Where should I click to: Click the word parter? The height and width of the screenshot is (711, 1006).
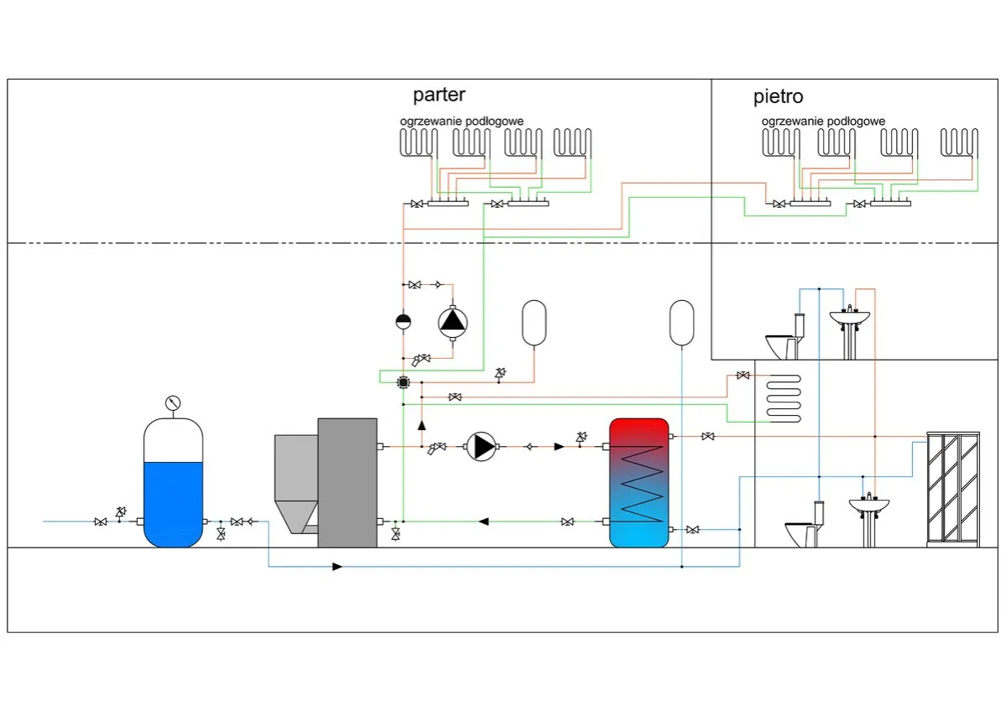439,95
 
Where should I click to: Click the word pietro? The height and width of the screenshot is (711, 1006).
778,97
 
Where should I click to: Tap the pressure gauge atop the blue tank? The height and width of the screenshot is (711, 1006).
173,402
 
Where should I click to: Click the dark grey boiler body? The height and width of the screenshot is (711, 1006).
347,482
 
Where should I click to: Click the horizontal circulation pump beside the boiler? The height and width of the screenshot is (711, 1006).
482,446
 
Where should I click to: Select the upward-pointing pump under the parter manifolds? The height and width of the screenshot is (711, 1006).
452,320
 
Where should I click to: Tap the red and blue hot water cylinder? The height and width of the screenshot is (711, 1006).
639,482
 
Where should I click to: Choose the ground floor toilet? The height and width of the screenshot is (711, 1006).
803,527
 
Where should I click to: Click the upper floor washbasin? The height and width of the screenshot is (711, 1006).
850,319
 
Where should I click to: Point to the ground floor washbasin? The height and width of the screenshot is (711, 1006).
869,507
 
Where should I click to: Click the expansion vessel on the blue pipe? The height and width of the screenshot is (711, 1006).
682,322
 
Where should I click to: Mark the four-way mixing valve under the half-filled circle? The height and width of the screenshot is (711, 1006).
403,383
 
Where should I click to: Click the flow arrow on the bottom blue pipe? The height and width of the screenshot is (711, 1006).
336,567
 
